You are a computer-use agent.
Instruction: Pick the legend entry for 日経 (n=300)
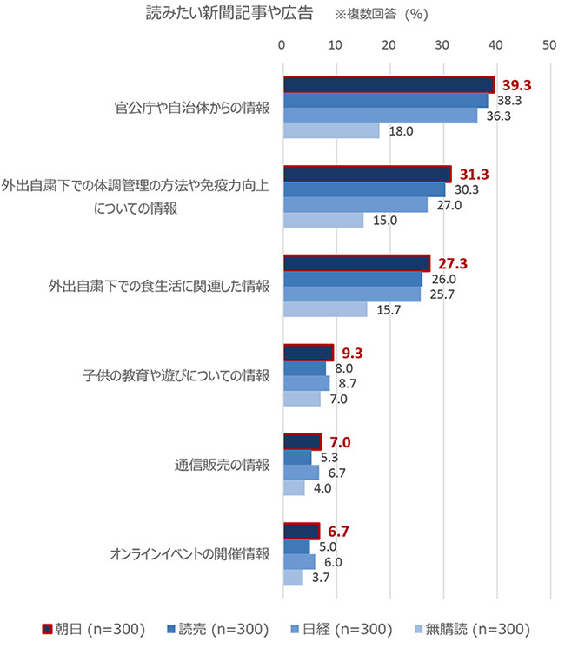coord(343,629)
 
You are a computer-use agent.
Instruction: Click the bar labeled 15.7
coord(325,308)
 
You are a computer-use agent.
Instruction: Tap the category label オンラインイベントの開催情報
coord(189,553)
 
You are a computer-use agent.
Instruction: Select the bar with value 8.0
coord(304,367)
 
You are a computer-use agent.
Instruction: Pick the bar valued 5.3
coord(297,457)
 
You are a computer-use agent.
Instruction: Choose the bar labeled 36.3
coord(380,116)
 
